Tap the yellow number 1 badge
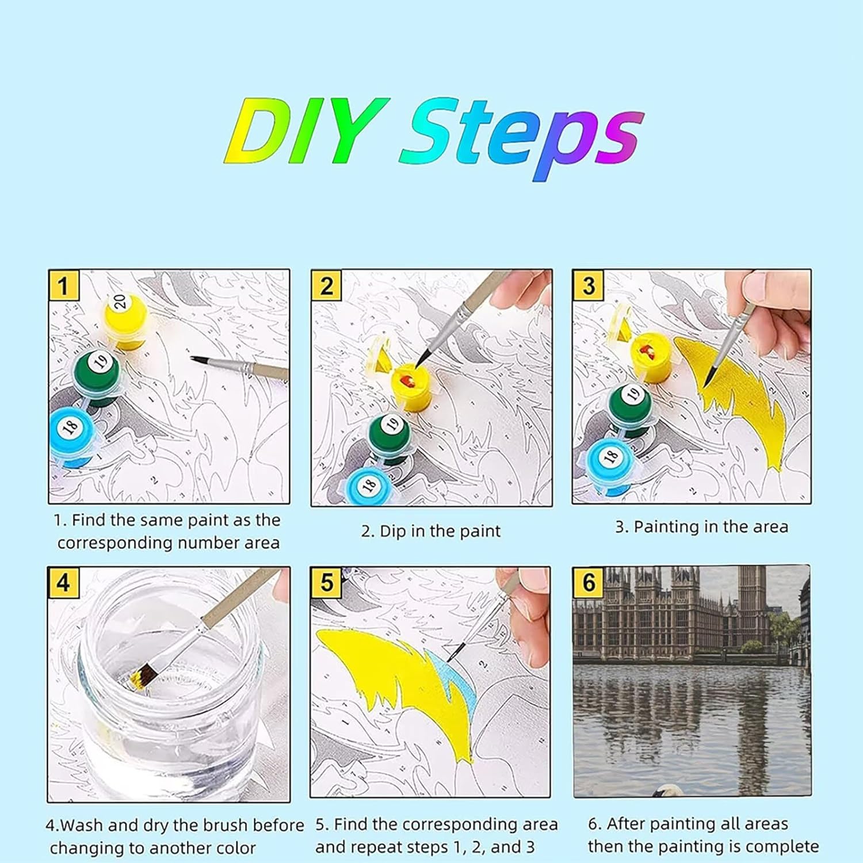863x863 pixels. [x=63, y=286]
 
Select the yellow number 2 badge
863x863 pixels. [x=326, y=286]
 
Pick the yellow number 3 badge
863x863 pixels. [x=589, y=286]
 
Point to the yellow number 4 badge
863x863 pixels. [x=63, y=583]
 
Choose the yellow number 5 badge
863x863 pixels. [x=326, y=583]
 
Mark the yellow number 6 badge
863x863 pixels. [x=589, y=583]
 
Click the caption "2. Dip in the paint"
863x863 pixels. [x=431, y=531]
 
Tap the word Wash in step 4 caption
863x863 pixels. [x=82, y=825]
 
